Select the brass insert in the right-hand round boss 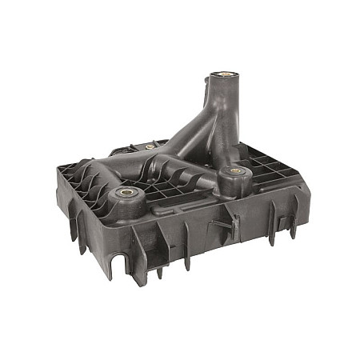point(234,170)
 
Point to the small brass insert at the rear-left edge point(150,147)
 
